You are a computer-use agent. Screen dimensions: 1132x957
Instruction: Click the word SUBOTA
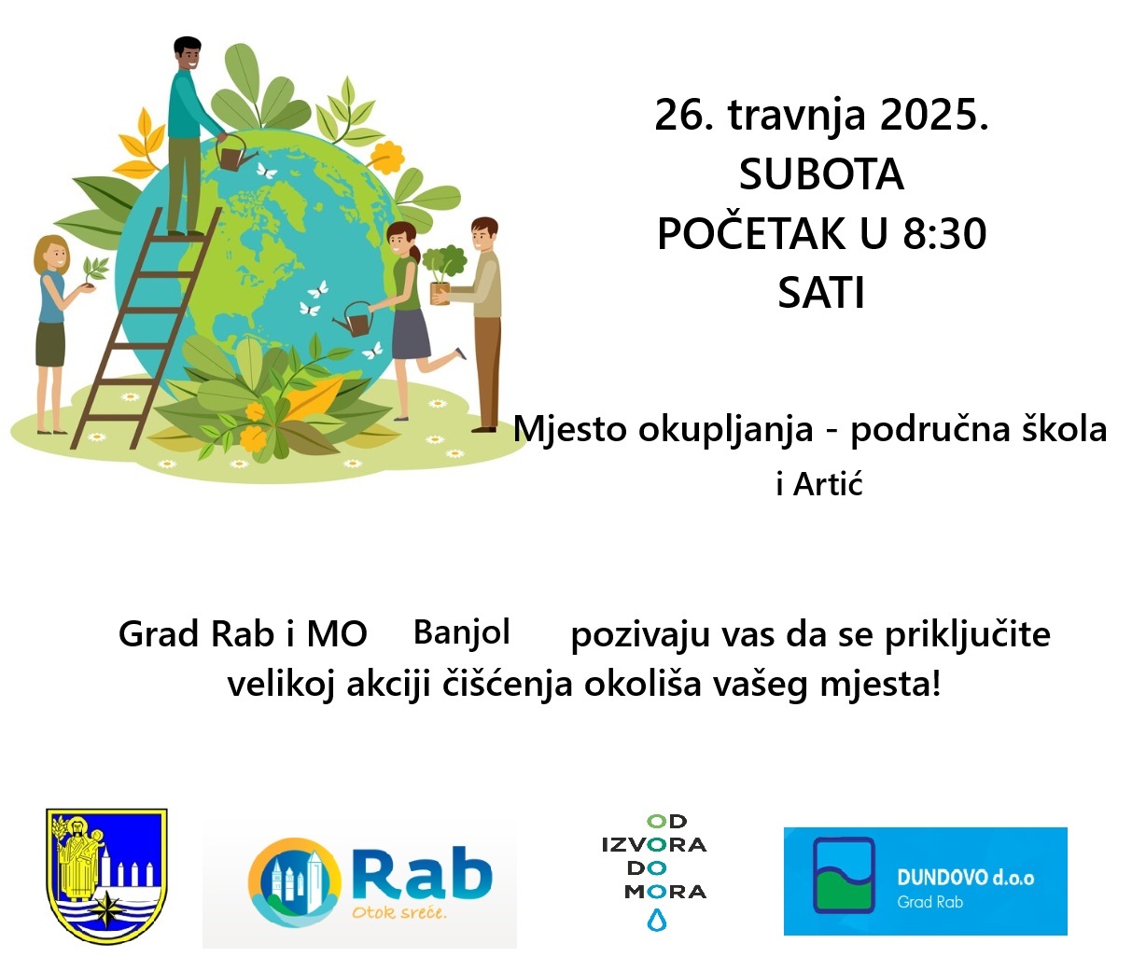point(821,174)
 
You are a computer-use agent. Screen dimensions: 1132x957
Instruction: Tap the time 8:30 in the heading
point(944,234)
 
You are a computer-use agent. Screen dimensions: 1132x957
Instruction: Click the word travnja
point(797,118)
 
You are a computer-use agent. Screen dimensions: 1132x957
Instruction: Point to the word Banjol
point(462,633)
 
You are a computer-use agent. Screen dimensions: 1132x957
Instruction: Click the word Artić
point(828,484)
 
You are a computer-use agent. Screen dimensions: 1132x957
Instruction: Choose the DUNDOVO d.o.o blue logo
point(925,881)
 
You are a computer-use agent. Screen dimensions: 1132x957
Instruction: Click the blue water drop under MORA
point(656,920)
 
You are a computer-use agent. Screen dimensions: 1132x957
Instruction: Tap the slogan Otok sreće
point(398,912)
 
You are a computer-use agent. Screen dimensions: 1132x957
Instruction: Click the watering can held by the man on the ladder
point(235,153)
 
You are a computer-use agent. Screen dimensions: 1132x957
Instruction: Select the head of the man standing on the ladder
point(188,54)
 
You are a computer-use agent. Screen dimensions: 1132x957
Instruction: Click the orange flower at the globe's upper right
point(386,156)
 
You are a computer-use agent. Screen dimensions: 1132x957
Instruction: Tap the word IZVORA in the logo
point(654,845)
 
